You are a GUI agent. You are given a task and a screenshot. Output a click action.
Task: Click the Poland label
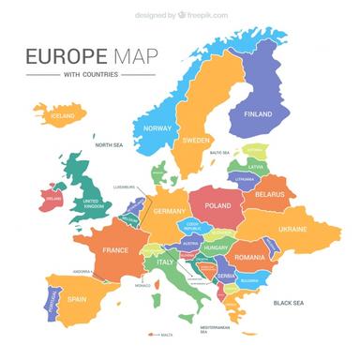tap(217, 205)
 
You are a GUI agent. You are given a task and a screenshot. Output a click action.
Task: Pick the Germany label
tap(170, 211)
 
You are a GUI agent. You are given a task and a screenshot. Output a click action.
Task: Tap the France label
tap(114, 250)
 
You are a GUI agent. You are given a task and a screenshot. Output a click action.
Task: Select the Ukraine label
tap(292, 229)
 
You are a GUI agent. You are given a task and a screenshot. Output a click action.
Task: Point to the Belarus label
tap(269, 194)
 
